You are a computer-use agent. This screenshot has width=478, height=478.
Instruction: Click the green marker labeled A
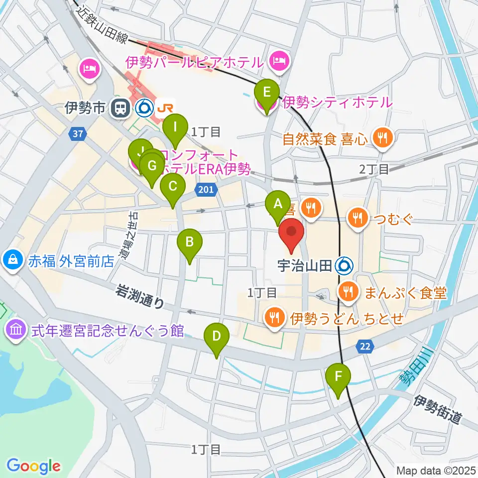tap(278, 204)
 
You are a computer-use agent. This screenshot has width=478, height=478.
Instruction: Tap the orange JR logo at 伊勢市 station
tap(163, 107)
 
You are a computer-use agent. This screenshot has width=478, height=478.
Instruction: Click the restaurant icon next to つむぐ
tap(357, 217)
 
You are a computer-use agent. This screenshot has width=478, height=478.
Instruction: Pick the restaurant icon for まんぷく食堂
tap(347, 291)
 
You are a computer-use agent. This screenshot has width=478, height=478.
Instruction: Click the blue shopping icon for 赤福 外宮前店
tap(10, 259)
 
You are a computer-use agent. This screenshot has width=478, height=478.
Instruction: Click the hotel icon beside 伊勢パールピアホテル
tap(277, 62)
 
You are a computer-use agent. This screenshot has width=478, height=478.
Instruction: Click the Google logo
tap(34, 466)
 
